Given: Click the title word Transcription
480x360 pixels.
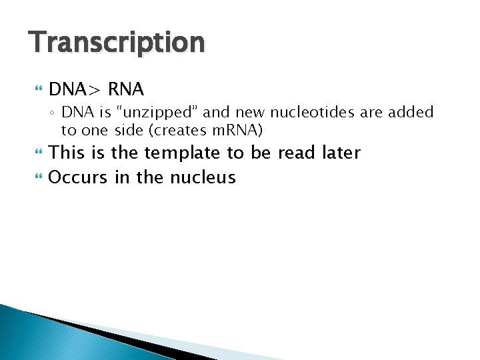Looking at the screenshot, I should (117, 43).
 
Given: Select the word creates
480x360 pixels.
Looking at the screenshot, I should (185, 129).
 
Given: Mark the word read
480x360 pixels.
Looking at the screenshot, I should (296, 153).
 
